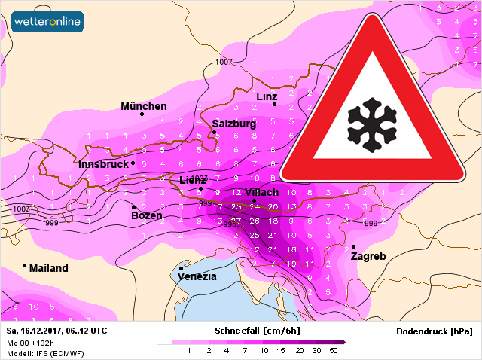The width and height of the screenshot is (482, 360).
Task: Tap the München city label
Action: pos(144,106)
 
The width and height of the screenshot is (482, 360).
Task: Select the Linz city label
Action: pos(267,96)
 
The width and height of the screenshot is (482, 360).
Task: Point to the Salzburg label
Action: pos(233,124)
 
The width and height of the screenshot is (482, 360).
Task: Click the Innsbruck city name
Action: pos(103,164)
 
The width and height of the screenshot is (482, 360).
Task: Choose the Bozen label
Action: pos(146,215)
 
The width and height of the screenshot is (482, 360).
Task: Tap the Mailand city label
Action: pos(48,268)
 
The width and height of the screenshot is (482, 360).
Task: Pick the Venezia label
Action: pos(197,276)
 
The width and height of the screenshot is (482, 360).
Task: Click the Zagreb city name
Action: pos(368,256)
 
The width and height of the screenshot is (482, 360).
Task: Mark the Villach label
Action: pos(261,192)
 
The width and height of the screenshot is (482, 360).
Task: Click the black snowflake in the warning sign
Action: pos(372,121)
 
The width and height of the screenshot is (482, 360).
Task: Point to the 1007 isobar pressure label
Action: pos(224,62)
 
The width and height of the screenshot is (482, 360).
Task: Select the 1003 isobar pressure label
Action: pos(22,209)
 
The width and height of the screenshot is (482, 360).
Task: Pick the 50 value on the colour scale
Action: pos(334,350)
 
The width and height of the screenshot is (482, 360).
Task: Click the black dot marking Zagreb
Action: pos(353,246)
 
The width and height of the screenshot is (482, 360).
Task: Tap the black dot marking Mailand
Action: pos(24,265)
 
